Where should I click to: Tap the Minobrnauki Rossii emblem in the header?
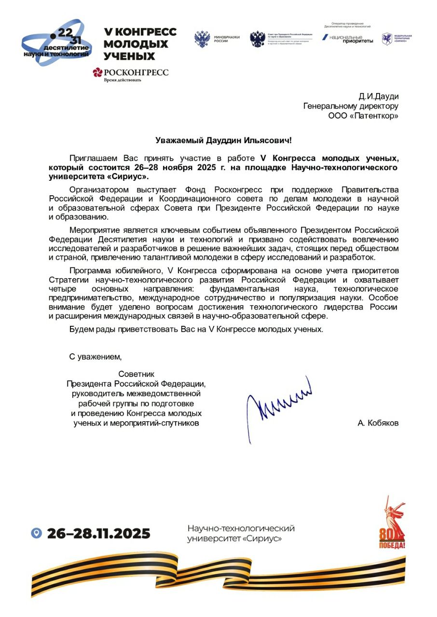click(202, 40)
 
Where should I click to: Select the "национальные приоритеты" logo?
click(348, 39)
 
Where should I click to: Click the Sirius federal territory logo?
click(396, 39)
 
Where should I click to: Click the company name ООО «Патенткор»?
click(363, 116)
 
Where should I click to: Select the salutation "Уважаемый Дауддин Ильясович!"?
click(223, 140)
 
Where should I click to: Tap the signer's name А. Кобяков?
click(378, 423)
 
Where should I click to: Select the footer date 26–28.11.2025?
click(98, 534)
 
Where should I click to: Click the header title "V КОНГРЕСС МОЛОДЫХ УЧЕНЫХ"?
click(140, 44)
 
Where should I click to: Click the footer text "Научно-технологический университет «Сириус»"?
click(241, 533)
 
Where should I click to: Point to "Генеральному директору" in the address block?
click(351, 106)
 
